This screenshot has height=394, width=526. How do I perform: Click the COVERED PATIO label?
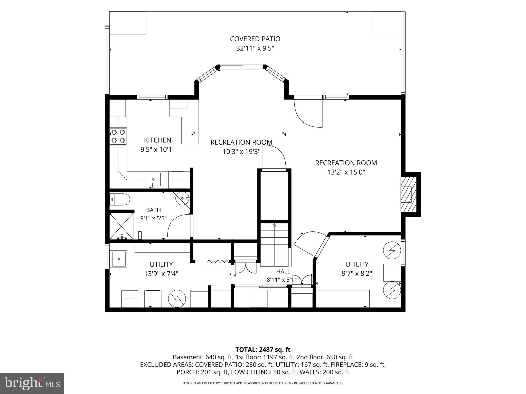pos(255,39)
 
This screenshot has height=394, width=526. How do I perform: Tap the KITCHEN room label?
pos(157,140)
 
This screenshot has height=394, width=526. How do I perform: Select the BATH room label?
pos(154,210)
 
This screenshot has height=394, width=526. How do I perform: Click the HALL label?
pos(283,271)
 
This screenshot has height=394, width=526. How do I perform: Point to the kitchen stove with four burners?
pos(118,136)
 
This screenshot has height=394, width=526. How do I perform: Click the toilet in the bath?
pos(120,200)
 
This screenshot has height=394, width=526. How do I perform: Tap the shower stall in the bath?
pos(121,226)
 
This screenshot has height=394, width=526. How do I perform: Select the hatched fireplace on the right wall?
pos(408,194)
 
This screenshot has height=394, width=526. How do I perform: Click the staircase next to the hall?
pos(274,245)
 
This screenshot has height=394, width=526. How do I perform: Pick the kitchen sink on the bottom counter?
pos(153,179)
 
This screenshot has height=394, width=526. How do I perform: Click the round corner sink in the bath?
pos(182,198)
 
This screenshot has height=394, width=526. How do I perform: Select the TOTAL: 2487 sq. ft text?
pos(263,349)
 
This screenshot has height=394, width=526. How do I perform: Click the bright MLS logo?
pos(32,383)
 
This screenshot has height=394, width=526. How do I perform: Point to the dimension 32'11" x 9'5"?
pos(255,48)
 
